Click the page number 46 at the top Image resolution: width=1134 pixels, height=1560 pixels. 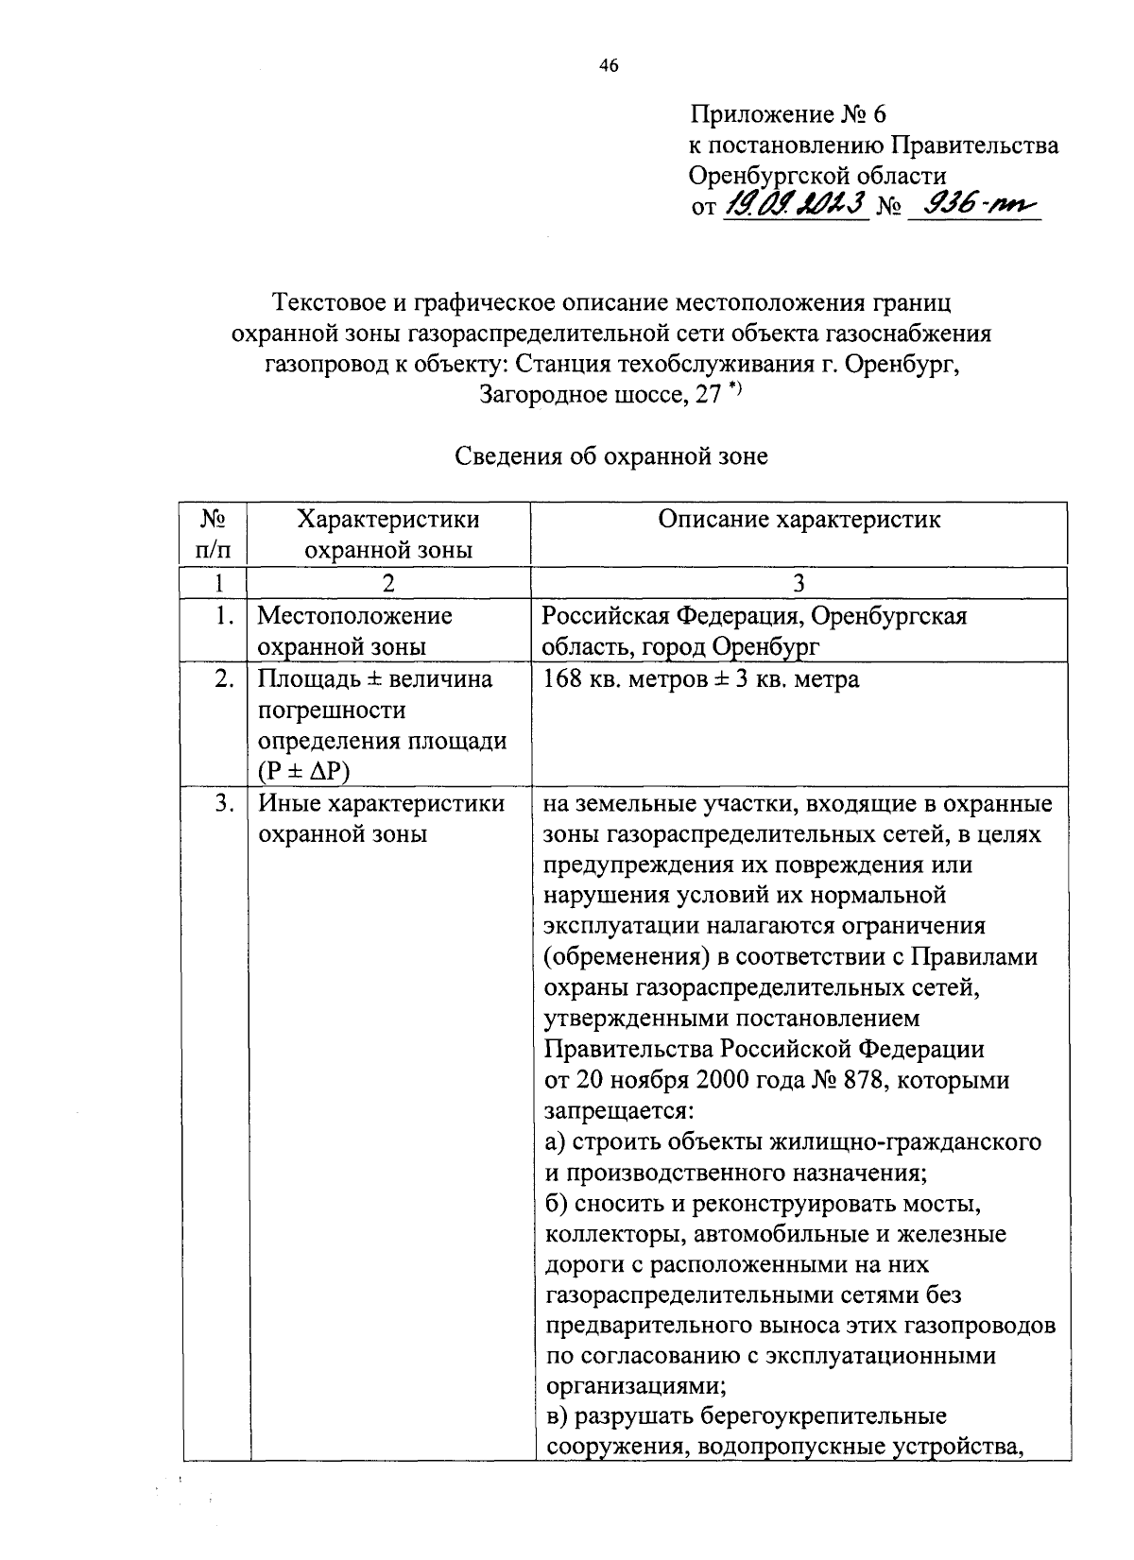(x=608, y=65)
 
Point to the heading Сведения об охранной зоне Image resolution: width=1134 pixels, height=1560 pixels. (x=611, y=457)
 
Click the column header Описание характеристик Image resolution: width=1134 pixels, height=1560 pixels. (x=799, y=520)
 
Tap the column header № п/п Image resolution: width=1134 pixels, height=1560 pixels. (x=214, y=534)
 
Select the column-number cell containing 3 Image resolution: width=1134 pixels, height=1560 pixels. (x=799, y=583)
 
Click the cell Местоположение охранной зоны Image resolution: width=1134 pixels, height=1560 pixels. (x=354, y=631)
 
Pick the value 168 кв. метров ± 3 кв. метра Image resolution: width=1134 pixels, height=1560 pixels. (x=700, y=679)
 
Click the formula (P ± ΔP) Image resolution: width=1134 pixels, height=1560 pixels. (x=303, y=771)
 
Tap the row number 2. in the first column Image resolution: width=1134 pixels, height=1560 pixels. (x=224, y=679)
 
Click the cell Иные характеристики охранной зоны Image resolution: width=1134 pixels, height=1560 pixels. (x=381, y=819)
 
